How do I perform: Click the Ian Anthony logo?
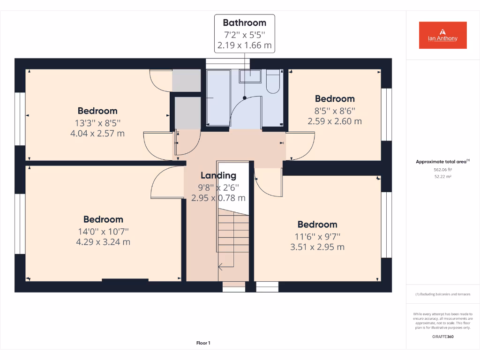(442, 35)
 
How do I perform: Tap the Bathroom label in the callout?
(244, 22)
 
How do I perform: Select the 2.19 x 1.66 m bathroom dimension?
(244, 46)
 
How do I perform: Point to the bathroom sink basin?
(250, 76)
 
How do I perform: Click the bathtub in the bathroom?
(218, 97)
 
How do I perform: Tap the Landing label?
(218, 176)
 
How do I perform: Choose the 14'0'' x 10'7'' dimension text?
(103, 231)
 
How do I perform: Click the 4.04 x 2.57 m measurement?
(97, 134)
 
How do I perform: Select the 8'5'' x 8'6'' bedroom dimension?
(335, 111)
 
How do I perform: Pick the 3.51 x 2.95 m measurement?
(317, 247)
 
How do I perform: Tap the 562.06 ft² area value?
(442, 170)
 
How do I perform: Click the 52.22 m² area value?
(442, 177)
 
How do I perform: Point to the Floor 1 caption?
(203, 343)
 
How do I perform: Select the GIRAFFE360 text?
(442, 337)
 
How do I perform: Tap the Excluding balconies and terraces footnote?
(442, 294)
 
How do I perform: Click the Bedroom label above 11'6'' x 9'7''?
(317, 225)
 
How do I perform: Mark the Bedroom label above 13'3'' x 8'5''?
(97, 111)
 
